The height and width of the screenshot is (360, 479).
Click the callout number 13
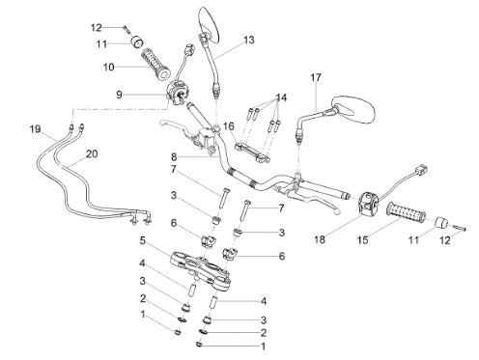pyautogui.click(x=248, y=41)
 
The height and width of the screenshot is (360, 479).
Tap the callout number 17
pyautogui.click(x=316, y=77)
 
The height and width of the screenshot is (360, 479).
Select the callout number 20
pyautogui.click(x=92, y=154)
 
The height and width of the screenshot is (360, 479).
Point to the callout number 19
pyautogui.click(x=36, y=129)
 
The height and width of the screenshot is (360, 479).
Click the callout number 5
pyautogui.click(x=142, y=240)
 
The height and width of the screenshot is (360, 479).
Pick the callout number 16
pyautogui.click(x=229, y=126)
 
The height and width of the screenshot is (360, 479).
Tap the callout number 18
pyautogui.click(x=320, y=239)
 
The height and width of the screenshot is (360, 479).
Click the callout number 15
pyautogui.click(x=363, y=240)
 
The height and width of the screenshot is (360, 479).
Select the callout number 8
pyautogui.click(x=174, y=157)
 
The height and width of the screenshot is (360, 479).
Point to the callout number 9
pyautogui.click(x=119, y=95)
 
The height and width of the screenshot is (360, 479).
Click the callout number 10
pyautogui.click(x=109, y=68)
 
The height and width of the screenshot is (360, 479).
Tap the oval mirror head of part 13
pyautogui.click(x=210, y=24)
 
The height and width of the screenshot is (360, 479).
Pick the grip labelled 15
pyautogui.click(x=407, y=213)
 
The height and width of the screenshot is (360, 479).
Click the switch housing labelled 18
pyautogui.click(x=368, y=203)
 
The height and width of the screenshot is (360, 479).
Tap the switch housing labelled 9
pyautogui.click(x=178, y=92)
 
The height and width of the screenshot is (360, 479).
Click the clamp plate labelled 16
pyautogui.click(x=253, y=153)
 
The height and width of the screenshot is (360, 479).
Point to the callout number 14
pyautogui.click(x=281, y=97)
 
